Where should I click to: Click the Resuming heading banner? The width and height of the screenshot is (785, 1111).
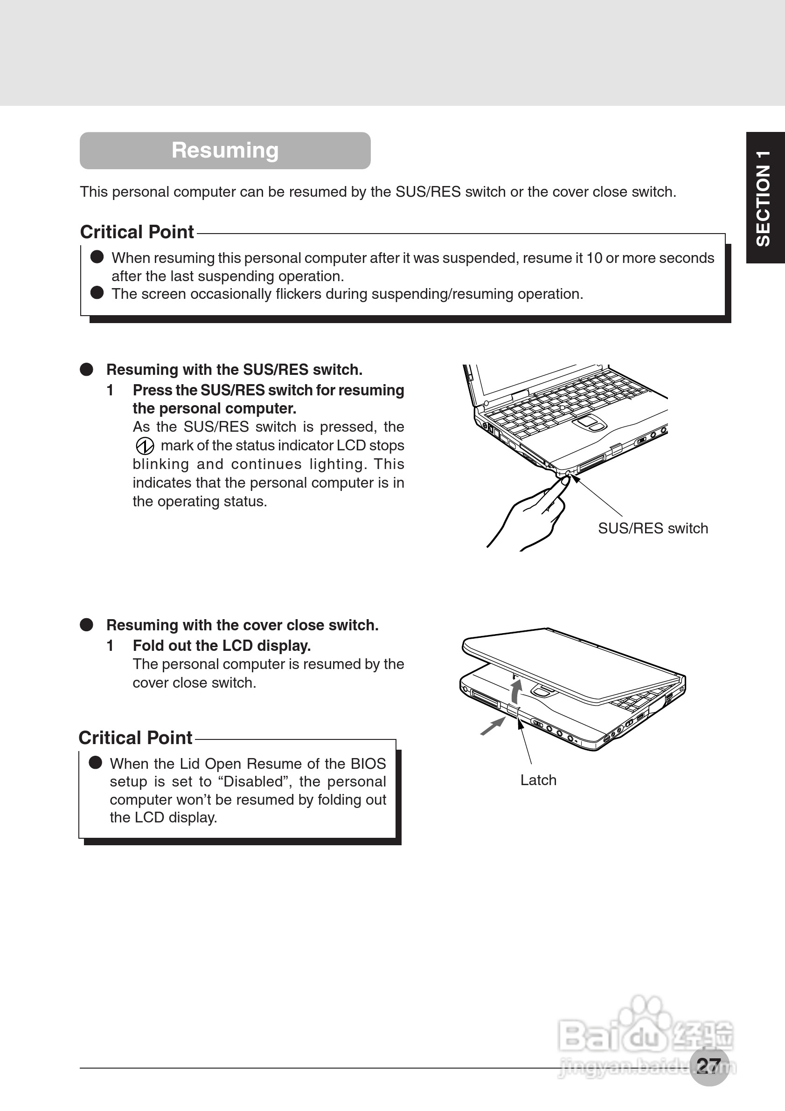click(x=225, y=151)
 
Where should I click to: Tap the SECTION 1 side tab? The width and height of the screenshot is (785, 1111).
click(x=764, y=197)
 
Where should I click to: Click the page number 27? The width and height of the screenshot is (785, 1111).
click(x=709, y=1066)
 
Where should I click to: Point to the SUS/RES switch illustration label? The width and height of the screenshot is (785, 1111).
click(x=653, y=528)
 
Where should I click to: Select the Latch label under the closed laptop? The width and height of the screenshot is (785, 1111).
click(x=538, y=780)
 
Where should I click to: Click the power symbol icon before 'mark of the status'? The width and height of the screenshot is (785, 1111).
click(x=145, y=446)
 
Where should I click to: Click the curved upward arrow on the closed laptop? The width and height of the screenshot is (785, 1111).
click(x=516, y=691)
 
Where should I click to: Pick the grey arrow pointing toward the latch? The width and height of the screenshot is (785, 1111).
click(x=493, y=726)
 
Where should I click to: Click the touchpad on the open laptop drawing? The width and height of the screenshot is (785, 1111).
click(x=590, y=424)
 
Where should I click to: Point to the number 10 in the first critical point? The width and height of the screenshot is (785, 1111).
click(x=594, y=258)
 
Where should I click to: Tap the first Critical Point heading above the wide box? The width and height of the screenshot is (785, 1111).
click(x=137, y=232)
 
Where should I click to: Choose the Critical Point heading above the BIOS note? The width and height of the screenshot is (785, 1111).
click(x=136, y=738)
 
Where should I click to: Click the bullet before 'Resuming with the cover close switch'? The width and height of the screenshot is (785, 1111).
click(x=87, y=625)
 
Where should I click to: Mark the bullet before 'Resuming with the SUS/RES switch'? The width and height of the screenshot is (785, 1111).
click(x=87, y=370)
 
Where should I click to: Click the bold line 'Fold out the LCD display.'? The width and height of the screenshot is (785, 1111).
click(x=222, y=646)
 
